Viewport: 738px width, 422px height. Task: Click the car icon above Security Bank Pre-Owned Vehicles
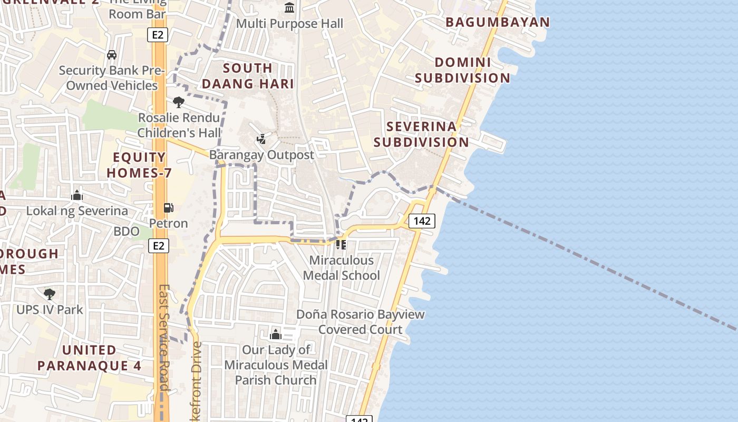(x=112, y=55)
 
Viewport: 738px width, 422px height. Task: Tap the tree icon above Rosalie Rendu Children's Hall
(x=179, y=102)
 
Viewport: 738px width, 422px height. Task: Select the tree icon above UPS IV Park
(x=50, y=294)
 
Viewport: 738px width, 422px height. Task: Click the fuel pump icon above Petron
(x=168, y=208)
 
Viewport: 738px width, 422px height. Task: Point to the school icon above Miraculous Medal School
(x=341, y=245)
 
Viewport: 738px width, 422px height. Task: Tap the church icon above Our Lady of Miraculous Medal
(x=275, y=334)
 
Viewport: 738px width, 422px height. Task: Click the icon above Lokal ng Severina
(x=77, y=196)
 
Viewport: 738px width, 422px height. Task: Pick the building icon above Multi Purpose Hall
(x=289, y=8)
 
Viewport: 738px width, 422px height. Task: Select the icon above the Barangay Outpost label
(x=261, y=139)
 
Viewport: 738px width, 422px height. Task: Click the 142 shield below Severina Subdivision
(x=422, y=221)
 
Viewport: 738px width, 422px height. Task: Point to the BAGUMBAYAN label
(x=498, y=22)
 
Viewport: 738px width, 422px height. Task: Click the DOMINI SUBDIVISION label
(x=462, y=70)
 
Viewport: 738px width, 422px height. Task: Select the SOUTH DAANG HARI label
(x=248, y=75)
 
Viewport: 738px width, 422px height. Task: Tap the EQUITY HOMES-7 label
(x=140, y=165)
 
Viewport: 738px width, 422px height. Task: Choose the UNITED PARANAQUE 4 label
(x=90, y=358)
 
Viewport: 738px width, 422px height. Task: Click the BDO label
(x=127, y=231)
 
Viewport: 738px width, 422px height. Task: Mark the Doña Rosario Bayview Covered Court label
(x=361, y=322)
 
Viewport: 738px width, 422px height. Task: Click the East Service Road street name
(x=164, y=338)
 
